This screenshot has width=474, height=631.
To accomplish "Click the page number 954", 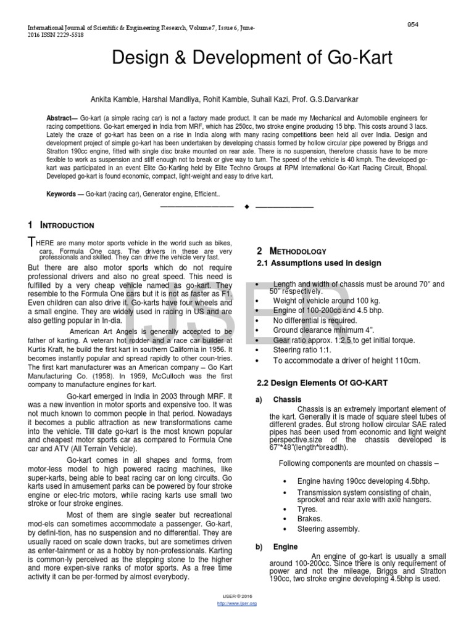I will [413, 24].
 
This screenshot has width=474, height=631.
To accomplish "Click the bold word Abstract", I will [60, 118].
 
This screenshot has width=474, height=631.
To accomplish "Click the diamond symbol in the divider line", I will [246, 206].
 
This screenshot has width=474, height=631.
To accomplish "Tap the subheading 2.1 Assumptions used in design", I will [318, 263].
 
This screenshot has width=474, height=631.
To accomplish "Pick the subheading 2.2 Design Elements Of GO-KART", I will [322, 383].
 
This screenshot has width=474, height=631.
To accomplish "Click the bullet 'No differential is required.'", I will [315, 320].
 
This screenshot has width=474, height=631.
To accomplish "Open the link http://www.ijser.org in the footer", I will [237, 603].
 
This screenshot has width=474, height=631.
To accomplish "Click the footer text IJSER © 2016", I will [237, 597].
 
